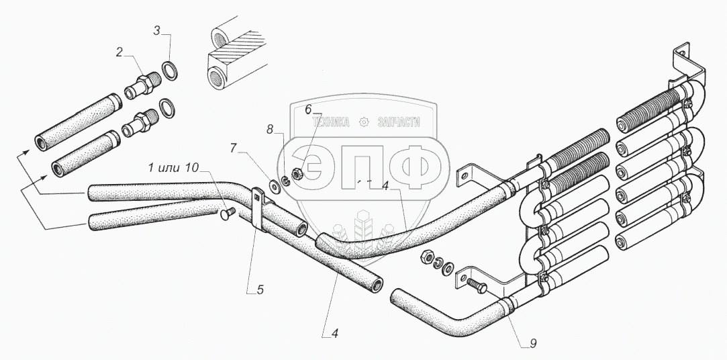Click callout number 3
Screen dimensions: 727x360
(156, 30)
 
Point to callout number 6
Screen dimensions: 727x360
(309, 108)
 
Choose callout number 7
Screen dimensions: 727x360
(234, 148)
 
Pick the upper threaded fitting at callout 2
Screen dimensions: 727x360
(142, 85)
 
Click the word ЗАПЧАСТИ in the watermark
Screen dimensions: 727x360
(399, 122)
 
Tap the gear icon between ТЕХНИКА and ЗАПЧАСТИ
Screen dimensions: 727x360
(365, 122)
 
